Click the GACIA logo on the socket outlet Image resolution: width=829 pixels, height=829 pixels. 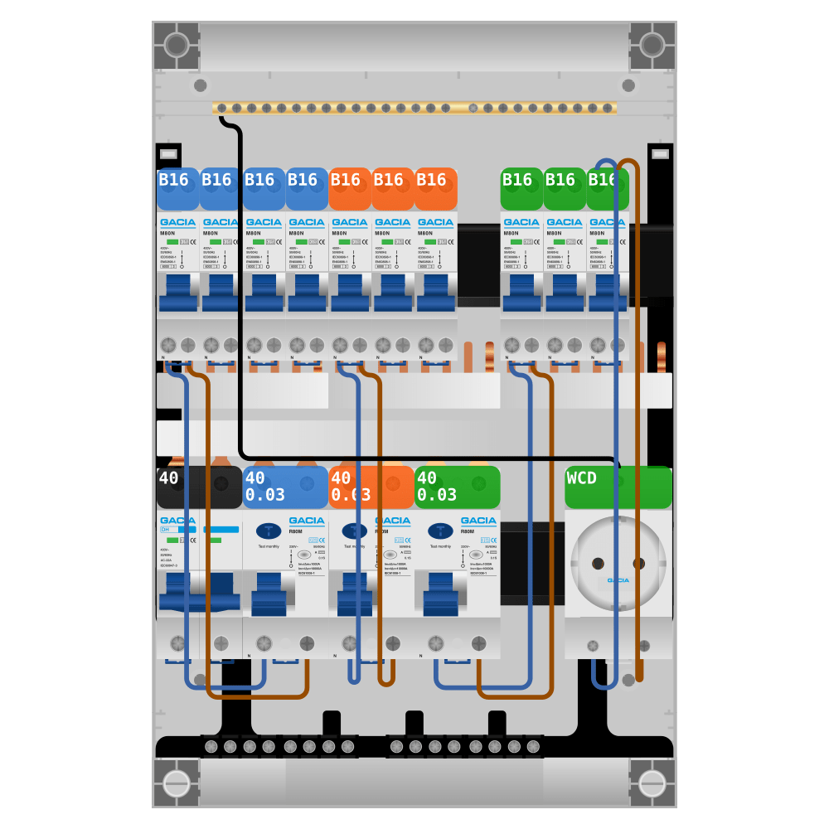[618, 580]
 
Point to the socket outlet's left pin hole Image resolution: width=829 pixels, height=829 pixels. [598, 564]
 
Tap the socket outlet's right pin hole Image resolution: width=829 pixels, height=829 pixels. [638, 564]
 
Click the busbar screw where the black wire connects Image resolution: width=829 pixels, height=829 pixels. [222, 108]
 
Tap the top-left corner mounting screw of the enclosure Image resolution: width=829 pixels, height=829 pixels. [176, 45]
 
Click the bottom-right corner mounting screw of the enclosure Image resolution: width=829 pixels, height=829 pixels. [652, 783]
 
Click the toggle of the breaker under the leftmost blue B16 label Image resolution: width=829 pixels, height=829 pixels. [178, 294]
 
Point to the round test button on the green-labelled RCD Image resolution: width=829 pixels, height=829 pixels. [476, 555]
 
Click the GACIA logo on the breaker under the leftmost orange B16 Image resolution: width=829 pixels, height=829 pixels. [349, 222]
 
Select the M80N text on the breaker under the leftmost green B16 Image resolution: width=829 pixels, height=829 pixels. [511, 233]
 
